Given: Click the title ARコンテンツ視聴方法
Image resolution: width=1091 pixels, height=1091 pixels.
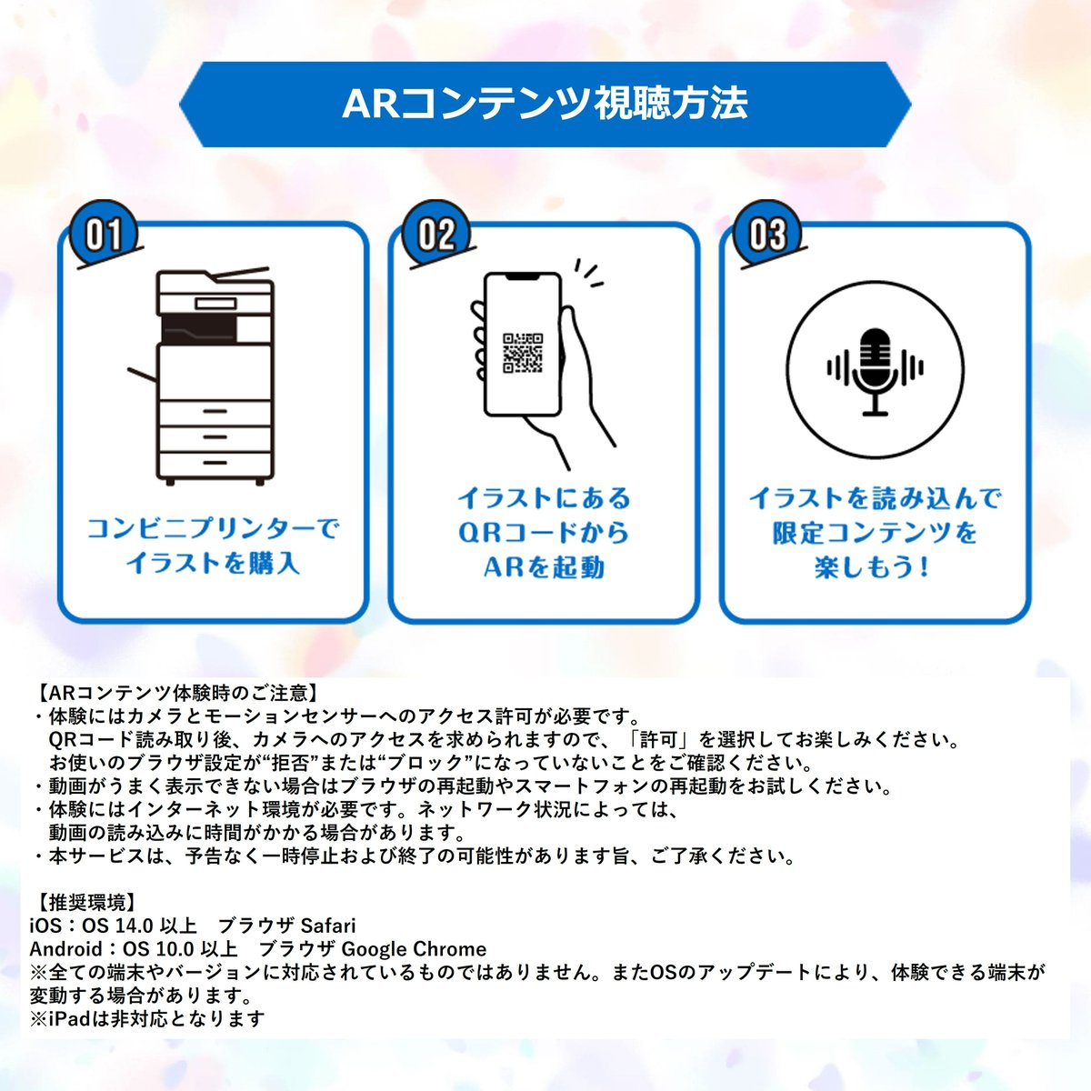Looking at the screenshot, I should tap(545, 104).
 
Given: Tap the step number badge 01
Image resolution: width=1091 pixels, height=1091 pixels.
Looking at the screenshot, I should tap(103, 235).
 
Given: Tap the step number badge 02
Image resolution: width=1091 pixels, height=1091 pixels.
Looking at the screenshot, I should tap(435, 235).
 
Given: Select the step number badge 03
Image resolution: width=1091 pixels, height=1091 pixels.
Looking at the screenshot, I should tap(766, 235).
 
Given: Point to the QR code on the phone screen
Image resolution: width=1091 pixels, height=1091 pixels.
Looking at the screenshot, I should tap(523, 353).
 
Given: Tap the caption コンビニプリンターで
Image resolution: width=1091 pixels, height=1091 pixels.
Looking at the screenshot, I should tap(213, 528).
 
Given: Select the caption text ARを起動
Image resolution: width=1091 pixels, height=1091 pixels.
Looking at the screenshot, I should tap(544, 567).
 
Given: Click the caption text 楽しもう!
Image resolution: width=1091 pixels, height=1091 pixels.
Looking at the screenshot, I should tap(873, 567).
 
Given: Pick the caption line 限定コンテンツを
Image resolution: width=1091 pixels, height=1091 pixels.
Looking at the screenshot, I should tap(875, 533).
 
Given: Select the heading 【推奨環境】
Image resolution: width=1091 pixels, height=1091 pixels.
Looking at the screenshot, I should tap(87, 903).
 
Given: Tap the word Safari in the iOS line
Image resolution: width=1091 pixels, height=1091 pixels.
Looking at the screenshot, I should tap(328, 926).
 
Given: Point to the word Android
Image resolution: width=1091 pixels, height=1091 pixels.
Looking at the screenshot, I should tap(65, 949).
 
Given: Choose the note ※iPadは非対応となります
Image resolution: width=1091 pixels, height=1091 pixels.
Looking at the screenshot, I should tap(147, 1018).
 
